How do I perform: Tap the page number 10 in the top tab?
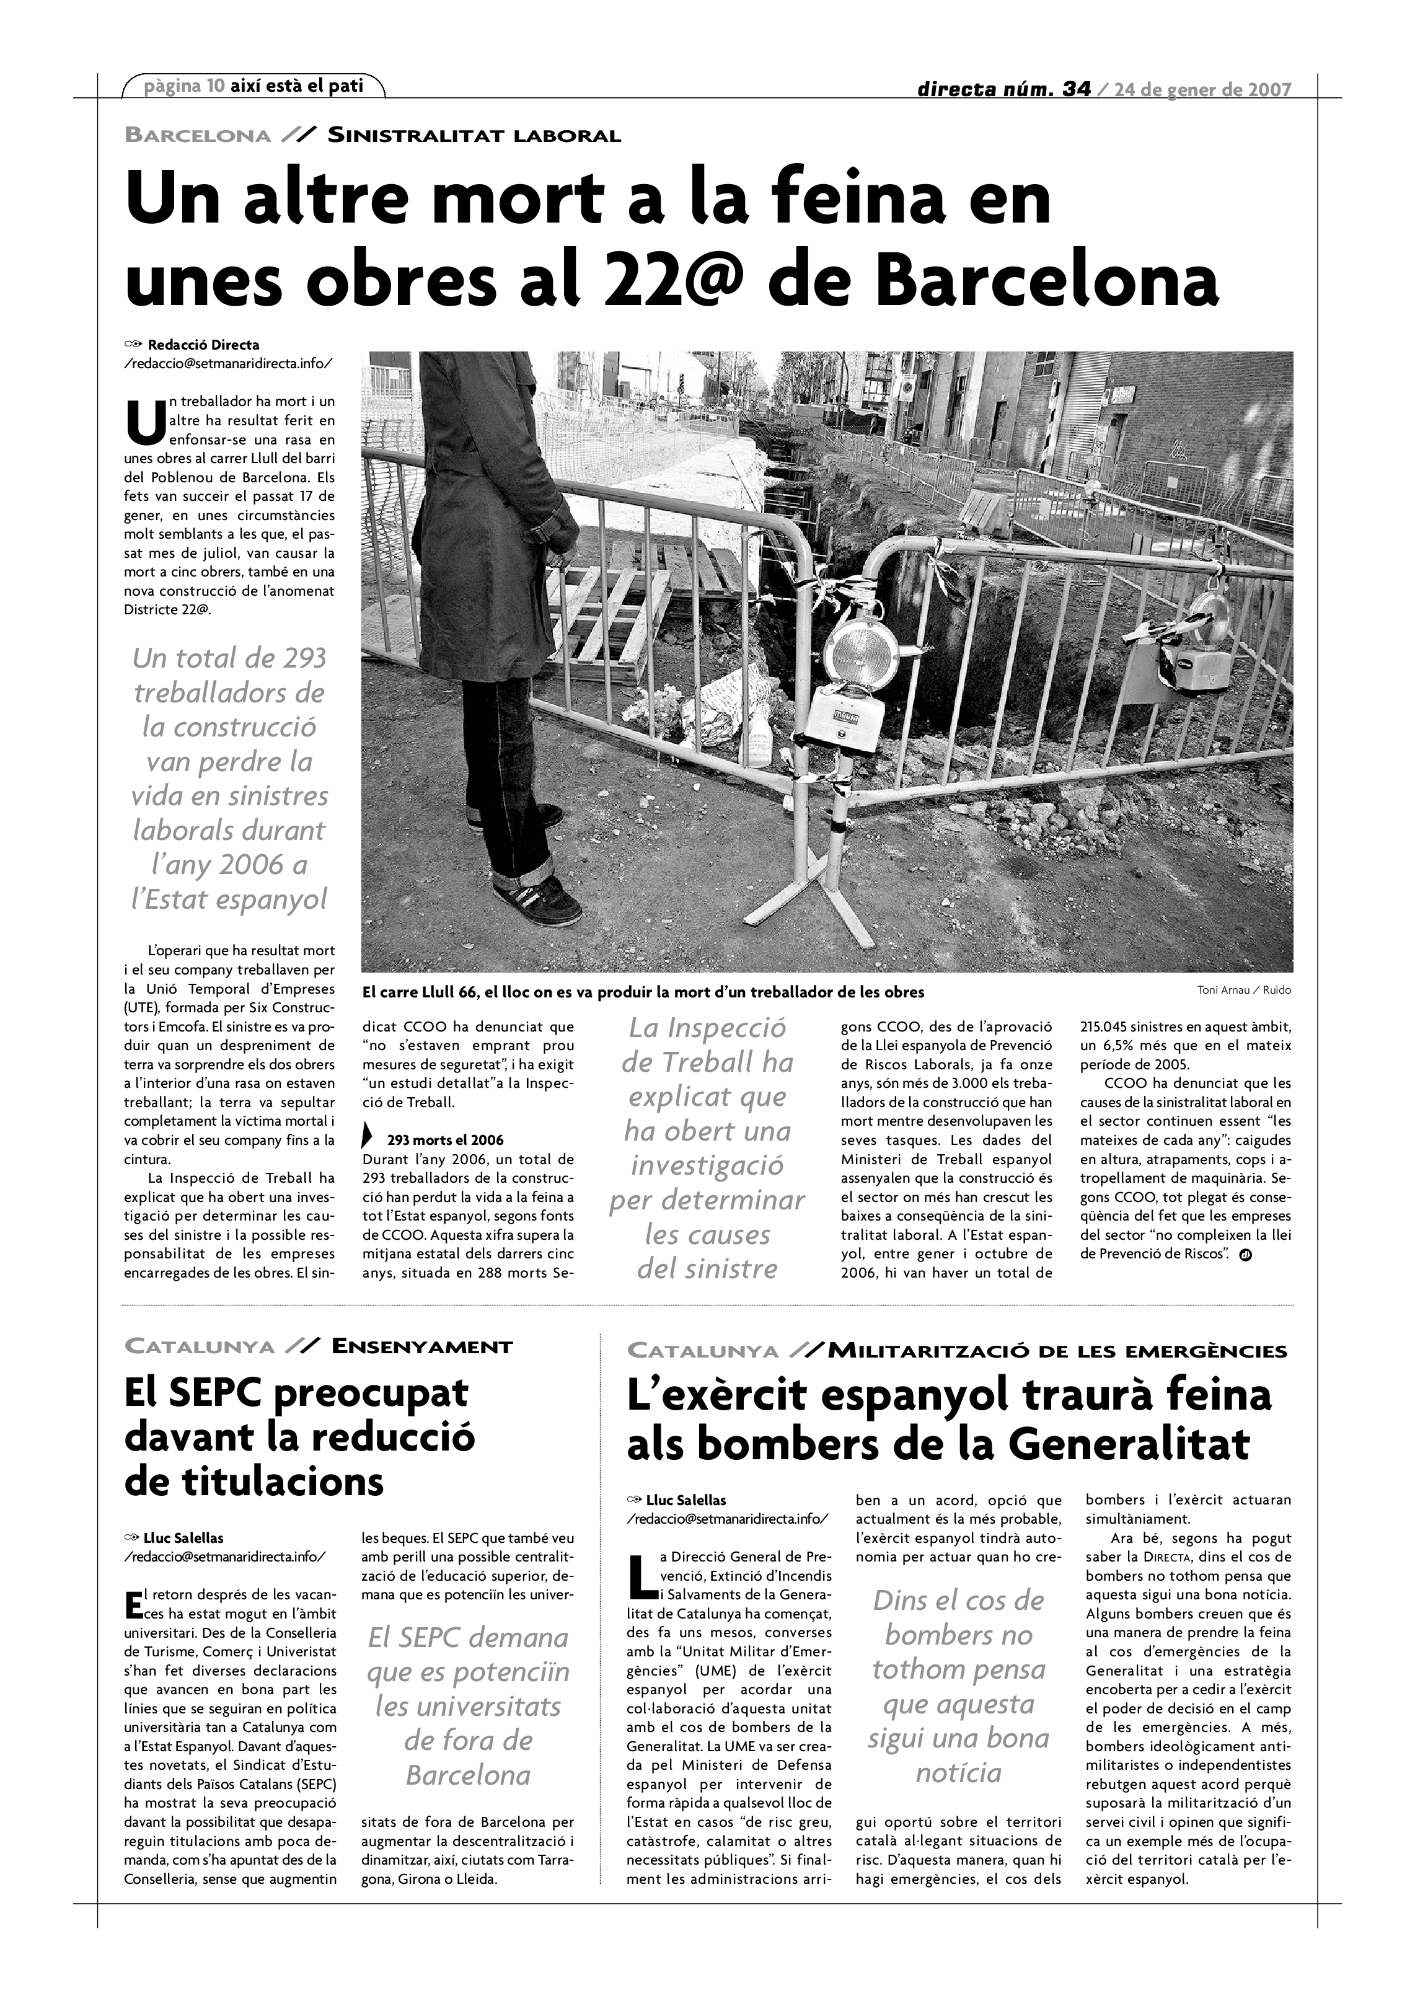[215, 86]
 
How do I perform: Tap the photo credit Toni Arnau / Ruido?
[1244, 990]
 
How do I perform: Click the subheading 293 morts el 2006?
[444, 1140]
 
